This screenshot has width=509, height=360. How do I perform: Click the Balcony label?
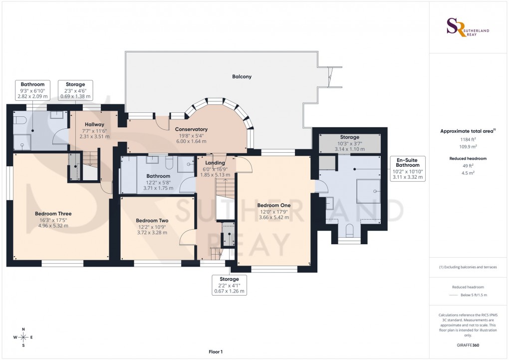click(242, 77)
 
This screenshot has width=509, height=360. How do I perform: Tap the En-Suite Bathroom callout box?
click(408, 168)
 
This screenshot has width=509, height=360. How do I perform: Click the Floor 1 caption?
click(216, 352)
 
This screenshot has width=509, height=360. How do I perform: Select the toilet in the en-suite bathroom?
click(349, 230)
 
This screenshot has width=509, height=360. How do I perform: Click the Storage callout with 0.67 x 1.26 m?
click(229, 285)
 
